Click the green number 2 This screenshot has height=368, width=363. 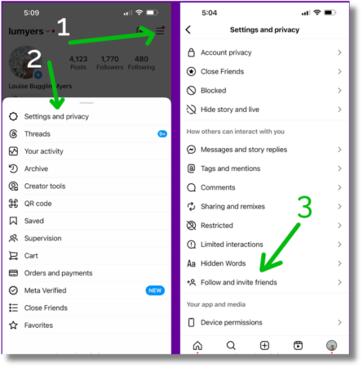coord(34,59)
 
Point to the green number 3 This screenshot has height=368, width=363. coord(304,209)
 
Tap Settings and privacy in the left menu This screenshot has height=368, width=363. coord(56,116)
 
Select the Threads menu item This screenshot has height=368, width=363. coord(38,134)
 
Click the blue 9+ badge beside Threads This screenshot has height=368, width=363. coord(162,133)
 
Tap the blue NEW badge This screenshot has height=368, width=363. coord(155,290)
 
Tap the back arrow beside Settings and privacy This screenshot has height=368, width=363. coord(188,30)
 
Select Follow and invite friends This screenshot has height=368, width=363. coord(238,282)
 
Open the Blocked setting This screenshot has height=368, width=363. coord(213,91)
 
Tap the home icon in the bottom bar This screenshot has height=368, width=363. coord(197,346)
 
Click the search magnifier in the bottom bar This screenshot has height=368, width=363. coord(231,346)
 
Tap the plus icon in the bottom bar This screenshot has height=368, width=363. coord(264,346)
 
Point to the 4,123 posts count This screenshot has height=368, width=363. coord(78,59)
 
